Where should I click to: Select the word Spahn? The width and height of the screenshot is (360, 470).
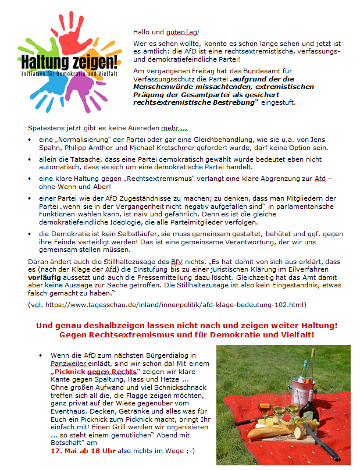point(50,148)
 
